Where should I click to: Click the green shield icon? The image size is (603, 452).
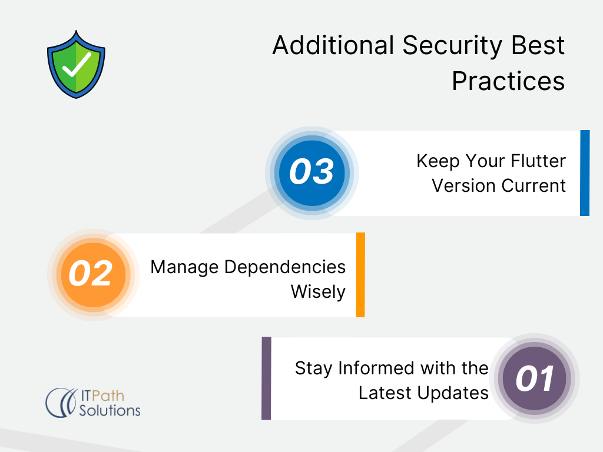coord(76,64)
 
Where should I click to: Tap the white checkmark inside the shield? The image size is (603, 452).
coord(77,65)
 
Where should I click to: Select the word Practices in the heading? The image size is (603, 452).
coord(508,81)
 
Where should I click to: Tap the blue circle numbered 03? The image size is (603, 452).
coord(312,173)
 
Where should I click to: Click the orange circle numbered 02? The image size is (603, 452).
coord(94,275)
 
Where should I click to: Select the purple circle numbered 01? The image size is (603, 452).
coord(535,378)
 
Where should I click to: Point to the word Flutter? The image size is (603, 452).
coord(538,161)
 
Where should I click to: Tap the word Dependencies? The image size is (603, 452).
coord(285,267)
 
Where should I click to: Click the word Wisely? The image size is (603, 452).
coord(318,292)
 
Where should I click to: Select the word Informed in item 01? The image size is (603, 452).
coord(376,368)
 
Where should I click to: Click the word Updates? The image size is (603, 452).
coord(453,393)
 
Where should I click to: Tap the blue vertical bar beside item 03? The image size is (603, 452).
coord(585,173)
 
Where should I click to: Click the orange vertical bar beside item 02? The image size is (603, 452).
coord(360,275)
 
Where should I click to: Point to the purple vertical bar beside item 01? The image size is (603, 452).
coord(266,378)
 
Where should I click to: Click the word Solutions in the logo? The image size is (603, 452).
coord(110,410)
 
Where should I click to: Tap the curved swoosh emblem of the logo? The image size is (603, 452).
coord(61,403)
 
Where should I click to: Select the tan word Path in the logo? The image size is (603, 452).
coord(108,396)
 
